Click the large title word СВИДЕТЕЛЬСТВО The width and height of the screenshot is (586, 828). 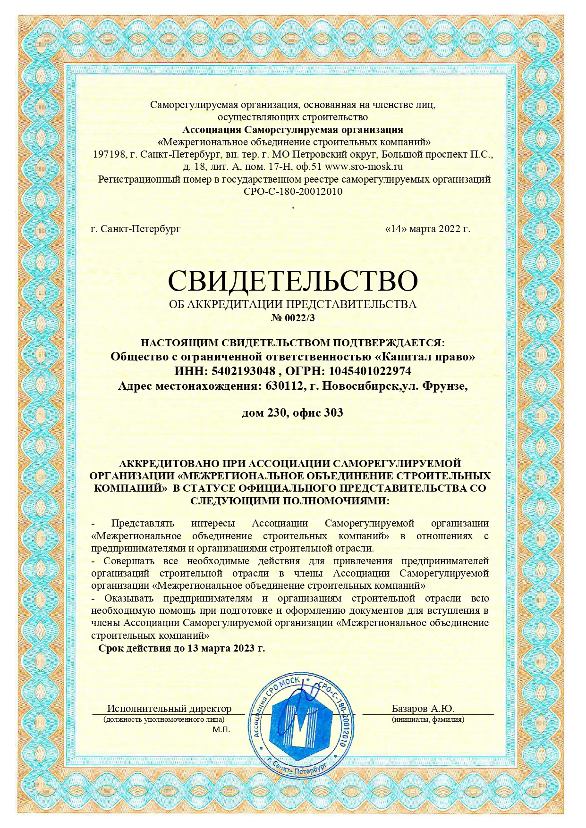coord(293,281)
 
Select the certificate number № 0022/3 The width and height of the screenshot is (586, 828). coord(293,318)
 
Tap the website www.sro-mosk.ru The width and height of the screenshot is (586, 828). coord(364,167)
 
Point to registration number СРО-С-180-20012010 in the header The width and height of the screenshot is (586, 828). coord(293,192)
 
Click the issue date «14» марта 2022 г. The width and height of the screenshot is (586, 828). coord(428,229)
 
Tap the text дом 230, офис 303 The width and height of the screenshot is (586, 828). coord(293,413)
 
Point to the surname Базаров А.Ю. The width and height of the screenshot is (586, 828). coord(423,708)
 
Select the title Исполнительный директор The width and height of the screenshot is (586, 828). coord(169,708)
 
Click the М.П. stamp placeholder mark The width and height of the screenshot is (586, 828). coord(221,730)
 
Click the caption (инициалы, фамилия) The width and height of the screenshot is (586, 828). coord(428,719)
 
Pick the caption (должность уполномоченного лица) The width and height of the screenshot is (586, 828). coord(164,719)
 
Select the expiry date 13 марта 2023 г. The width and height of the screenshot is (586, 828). coord(226,648)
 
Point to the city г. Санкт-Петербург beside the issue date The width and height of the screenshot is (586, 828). coord(136,229)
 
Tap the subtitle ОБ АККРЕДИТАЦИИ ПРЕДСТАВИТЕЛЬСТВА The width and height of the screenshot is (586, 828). coord(293,304)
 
